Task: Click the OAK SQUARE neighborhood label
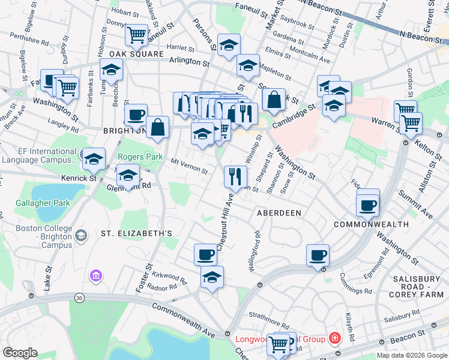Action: [136, 54]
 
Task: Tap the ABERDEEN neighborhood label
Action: [279, 213]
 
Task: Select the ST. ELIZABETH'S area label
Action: [136, 233]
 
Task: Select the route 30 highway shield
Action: [79, 298]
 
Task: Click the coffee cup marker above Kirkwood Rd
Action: [205, 254]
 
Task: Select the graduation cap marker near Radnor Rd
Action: [211, 277]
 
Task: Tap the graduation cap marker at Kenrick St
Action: [94, 159]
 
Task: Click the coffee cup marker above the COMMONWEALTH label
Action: [367, 205]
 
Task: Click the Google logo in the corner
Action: [20, 353]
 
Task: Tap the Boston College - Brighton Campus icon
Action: [80, 236]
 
